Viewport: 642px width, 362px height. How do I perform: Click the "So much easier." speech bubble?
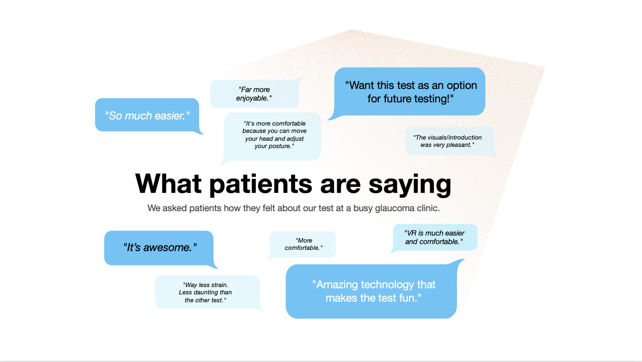147,115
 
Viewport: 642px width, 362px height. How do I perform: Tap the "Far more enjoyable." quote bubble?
254,94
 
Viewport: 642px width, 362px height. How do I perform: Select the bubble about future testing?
410,92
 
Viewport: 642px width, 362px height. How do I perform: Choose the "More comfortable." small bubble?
303,244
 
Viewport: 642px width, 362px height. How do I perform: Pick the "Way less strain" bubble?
207,292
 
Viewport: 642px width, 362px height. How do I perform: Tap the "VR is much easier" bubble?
435,237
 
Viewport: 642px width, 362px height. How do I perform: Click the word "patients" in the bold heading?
261,184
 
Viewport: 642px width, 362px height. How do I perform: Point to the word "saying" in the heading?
410,184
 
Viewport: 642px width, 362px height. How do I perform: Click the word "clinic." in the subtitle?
428,208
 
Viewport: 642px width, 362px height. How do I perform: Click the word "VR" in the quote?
412,233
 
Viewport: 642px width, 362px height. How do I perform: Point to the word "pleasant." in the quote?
460,145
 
